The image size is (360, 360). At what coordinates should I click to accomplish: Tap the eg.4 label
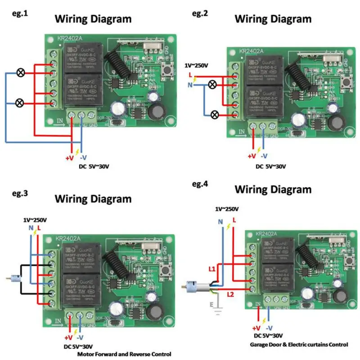pos(200,184)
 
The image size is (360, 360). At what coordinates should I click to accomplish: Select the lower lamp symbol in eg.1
pos(20,103)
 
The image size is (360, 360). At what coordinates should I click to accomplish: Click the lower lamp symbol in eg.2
pos(216,115)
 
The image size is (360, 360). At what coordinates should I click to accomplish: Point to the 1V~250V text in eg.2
pos(196,66)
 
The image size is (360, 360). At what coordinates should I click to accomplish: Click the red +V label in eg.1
pos(69,158)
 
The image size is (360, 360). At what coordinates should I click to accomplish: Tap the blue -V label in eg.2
pos(264,156)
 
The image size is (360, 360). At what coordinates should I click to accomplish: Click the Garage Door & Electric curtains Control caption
pos(299,345)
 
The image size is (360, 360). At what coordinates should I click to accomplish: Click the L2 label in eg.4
pos(230,294)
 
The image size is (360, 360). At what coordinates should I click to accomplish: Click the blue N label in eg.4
pos(220,222)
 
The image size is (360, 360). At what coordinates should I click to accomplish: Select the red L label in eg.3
pos(39,229)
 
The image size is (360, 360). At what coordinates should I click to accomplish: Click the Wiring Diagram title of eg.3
pos(93,198)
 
